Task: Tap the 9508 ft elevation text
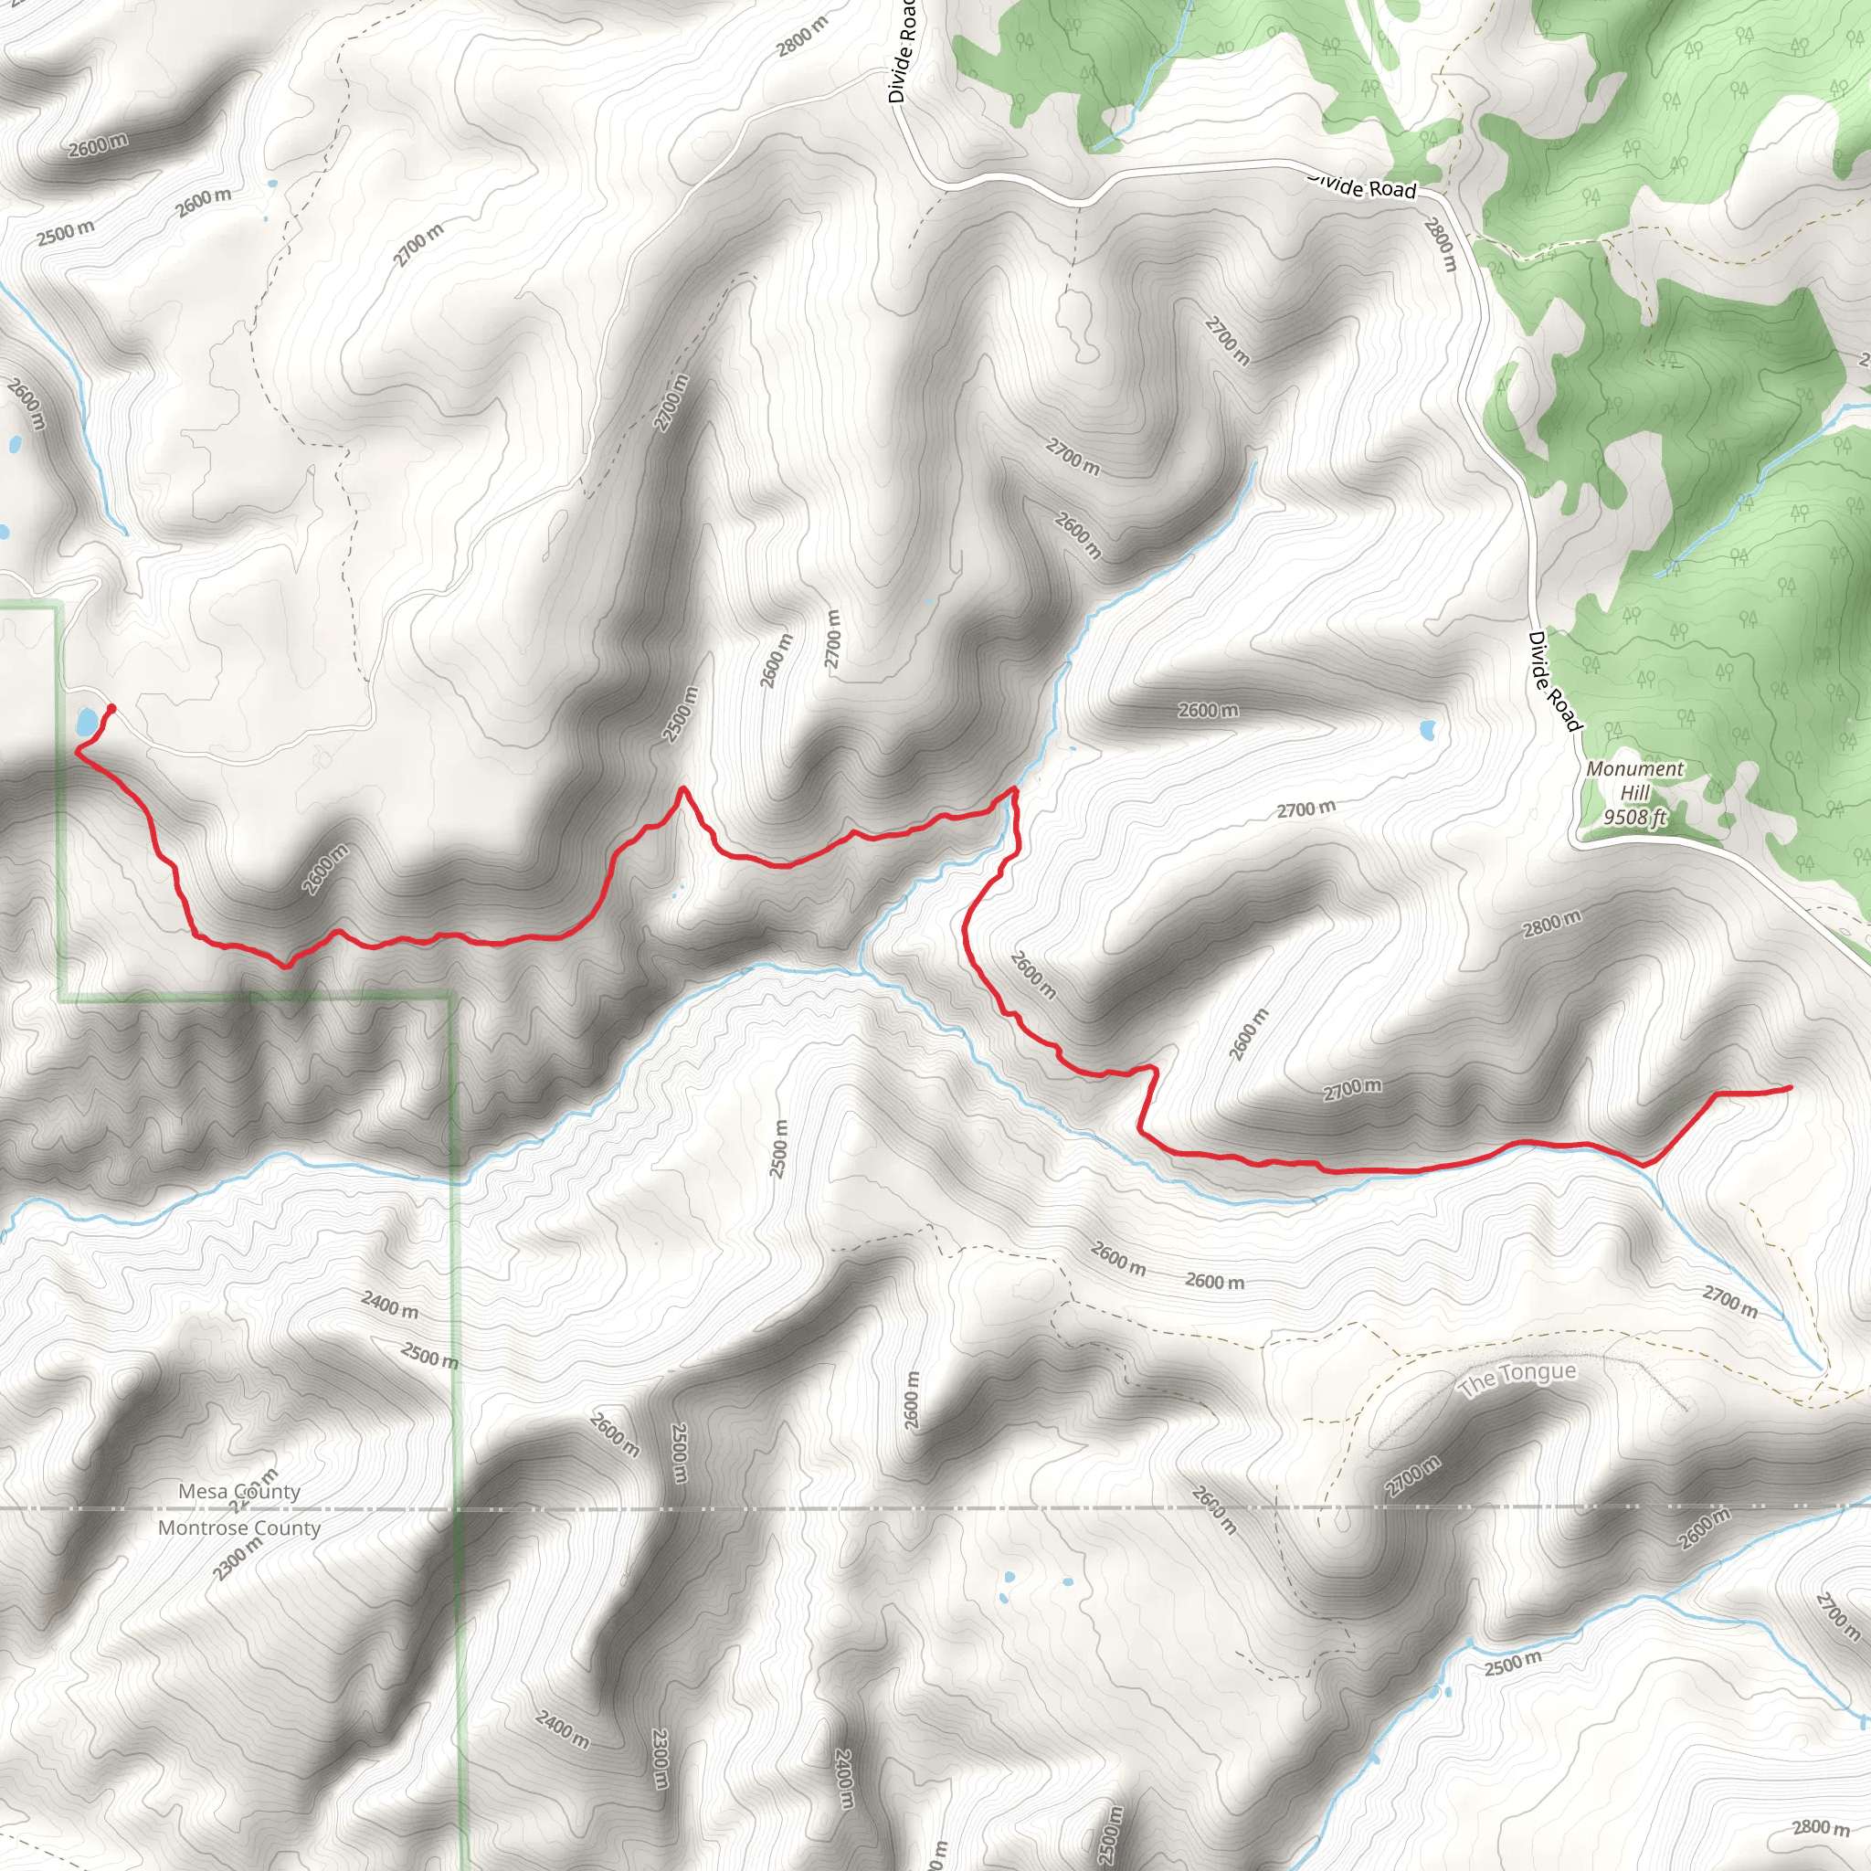(x=1634, y=818)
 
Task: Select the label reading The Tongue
(x=1517, y=1378)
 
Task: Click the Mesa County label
(x=239, y=1491)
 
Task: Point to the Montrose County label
(x=239, y=1528)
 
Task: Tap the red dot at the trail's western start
(x=111, y=708)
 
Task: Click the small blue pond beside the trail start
(x=87, y=722)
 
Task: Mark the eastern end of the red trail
(x=1789, y=1087)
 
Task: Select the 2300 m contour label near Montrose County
(x=238, y=1559)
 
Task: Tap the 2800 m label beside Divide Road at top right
(x=1440, y=243)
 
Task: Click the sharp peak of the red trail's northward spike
(x=682, y=789)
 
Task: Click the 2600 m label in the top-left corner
(x=98, y=146)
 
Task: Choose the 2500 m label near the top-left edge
(x=66, y=233)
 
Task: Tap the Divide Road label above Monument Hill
(x=1554, y=681)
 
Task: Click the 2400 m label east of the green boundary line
(x=390, y=1305)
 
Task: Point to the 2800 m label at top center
(x=803, y=37)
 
